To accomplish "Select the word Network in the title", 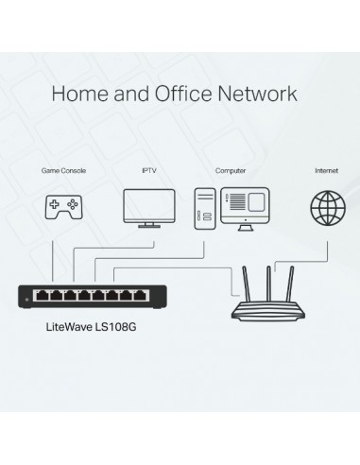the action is point(258,94).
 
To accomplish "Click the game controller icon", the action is point(63,207).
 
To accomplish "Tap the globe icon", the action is point(326,207).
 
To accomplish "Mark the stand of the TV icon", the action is point(149,225).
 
